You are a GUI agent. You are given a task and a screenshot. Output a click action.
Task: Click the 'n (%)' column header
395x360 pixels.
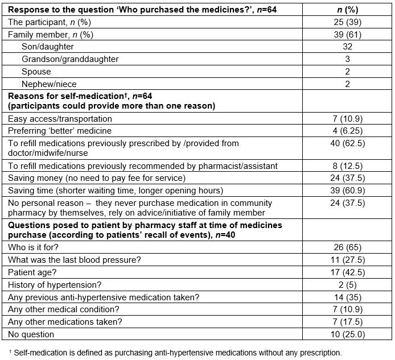(347, 10)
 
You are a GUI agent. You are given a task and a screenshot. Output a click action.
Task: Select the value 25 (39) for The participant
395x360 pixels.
(347, 22)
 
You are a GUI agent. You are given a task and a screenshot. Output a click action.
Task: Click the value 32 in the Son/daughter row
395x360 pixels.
(347, 47)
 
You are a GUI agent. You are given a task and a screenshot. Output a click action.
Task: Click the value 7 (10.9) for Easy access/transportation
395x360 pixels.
(347, 119)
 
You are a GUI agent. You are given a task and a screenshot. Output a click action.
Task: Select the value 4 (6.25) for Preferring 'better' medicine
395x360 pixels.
(347, 131)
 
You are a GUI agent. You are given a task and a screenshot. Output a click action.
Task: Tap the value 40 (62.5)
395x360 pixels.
(347, 144)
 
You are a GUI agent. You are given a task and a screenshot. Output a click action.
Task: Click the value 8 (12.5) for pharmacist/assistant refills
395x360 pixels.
(347, 165)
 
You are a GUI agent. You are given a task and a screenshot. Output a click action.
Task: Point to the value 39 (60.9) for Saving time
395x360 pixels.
(347, 191)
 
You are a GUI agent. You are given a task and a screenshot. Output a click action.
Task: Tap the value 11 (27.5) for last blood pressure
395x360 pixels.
(347, 259)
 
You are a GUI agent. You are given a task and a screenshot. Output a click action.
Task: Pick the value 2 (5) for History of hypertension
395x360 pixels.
(347, 284)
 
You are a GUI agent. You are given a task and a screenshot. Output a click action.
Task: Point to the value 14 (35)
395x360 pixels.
(347, 297)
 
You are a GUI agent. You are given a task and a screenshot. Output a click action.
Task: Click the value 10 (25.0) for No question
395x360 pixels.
(347, 334)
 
